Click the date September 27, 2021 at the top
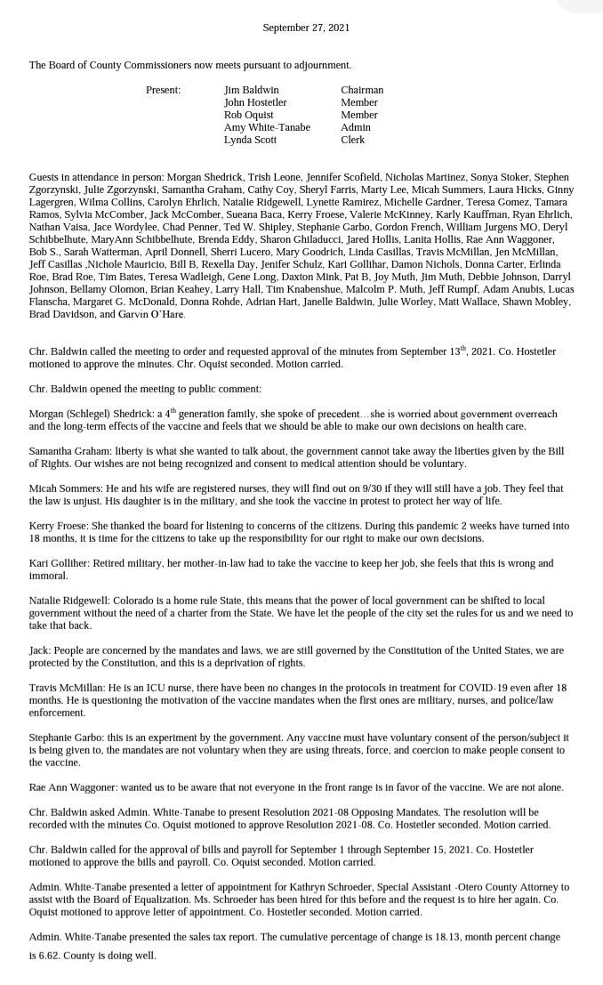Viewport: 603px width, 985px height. pos(306,28)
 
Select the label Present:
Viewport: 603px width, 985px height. pos(163,90)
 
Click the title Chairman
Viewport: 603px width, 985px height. pos(362,90)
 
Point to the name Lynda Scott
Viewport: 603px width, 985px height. pos(250,140)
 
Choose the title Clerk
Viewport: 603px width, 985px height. pos(353,140)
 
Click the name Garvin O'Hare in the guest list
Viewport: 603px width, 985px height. pos(139,314)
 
